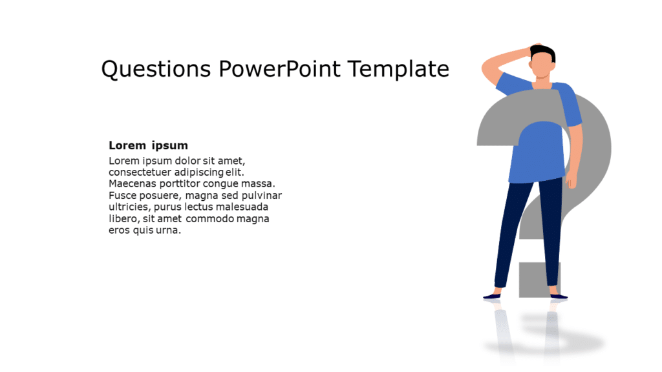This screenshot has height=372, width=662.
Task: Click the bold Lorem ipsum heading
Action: pos(148,145)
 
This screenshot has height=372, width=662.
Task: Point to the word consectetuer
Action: pos(140,172)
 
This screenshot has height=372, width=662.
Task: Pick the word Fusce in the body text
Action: pos(122,196)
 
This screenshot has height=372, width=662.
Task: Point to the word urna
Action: pos(170,231)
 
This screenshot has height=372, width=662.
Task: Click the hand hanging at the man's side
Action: pos(572,180)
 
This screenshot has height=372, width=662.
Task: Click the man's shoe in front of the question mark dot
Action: pos(557,296)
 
